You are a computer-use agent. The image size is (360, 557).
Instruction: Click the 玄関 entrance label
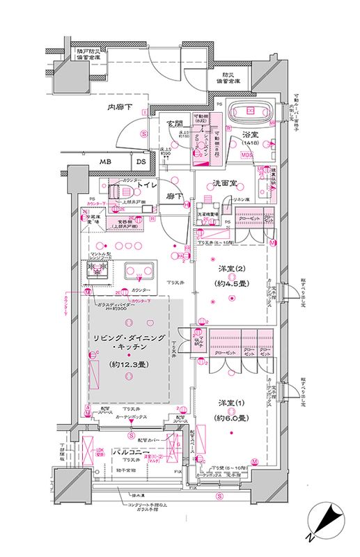point(174,123)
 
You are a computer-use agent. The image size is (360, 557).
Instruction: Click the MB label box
point(105,162)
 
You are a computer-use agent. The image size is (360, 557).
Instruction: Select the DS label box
point(140,162)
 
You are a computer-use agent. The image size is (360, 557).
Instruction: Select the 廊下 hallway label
point(174,197)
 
